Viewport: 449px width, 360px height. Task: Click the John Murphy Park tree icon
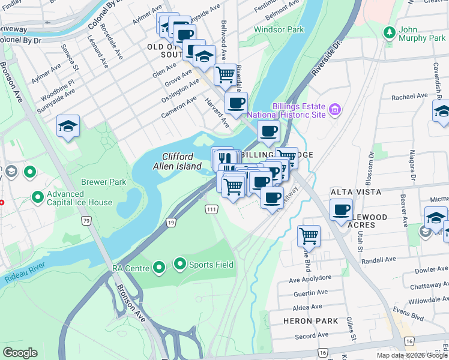tap(390, 31)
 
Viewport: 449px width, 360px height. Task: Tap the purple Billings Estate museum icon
tap(335, 109)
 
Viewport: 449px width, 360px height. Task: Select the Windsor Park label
tap(279, 29)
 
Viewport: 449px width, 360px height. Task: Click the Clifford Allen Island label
tap(181, 161)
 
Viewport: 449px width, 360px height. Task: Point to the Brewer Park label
tap(103, 182)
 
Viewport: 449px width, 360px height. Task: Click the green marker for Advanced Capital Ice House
tap(37, 197)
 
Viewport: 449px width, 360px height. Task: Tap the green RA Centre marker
tap(159, 267)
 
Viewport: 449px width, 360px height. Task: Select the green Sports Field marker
tap(179, 263)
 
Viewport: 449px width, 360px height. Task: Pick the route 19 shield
tap(171, 223)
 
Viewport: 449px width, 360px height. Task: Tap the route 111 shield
tap(211, 208)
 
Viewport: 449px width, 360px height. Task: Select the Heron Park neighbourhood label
tap(306, 321)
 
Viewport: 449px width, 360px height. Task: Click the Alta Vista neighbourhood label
tap(356, 192)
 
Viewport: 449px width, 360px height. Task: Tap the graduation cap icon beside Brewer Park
tap(68, 126)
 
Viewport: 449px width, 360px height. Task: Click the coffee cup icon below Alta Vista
tap(341, 210)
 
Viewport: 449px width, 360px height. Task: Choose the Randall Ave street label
tap(379, 259)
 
